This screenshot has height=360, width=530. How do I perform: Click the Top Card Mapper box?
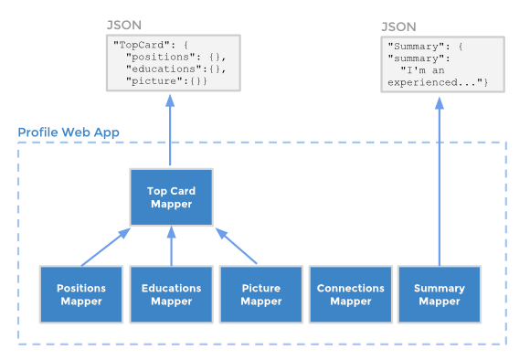(x=172, y=197)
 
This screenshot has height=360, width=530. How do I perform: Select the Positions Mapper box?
(x=81, y=294)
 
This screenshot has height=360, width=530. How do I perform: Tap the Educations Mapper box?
(x=172, y=294)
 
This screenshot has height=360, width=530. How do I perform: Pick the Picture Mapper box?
(x=261, y=294)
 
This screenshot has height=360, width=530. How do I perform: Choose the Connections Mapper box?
(x=351, y=294)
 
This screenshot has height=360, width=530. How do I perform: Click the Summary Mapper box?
(x=440, y=294)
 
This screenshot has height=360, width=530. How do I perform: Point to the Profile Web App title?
(x=69, y=132)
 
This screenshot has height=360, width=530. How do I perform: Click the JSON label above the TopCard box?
(x=124, y=25)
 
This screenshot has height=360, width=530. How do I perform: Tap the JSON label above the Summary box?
(x=398, y=26)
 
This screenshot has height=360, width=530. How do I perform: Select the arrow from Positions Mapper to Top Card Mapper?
(x=106, y=247)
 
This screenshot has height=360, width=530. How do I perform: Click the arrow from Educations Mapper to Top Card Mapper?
(x=172, y=246)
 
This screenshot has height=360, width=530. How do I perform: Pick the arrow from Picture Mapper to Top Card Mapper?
(x=236, y=246)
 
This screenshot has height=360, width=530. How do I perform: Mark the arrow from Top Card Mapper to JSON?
(x=170, y=130)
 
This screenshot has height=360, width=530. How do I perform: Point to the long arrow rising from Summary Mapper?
(x=440, y=182)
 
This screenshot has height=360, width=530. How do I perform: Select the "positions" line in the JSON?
(x=175, y=57)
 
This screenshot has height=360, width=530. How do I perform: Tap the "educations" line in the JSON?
(x=175, y=69)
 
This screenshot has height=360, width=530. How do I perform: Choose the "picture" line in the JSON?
(x=166, y=81)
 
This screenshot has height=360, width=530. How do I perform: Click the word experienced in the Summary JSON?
(x=422, y=82)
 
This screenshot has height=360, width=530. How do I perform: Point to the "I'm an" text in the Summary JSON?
(x=422, y=70)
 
